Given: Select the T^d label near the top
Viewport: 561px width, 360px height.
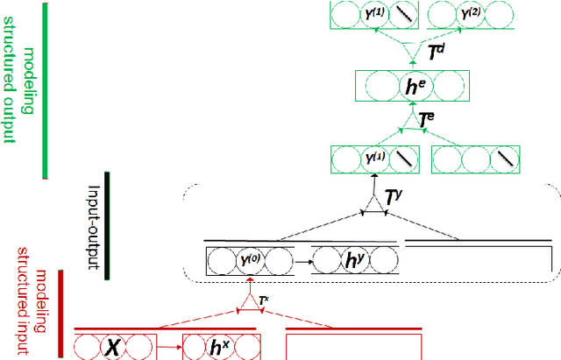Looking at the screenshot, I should [x=436, y=53].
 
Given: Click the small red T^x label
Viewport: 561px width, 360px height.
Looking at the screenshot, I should [x=263, y=301].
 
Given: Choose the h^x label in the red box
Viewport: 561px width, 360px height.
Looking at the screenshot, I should [x=219, y=347].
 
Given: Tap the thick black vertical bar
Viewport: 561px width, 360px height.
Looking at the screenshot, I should [x=106, y=226].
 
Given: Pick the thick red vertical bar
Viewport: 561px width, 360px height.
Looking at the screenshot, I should [x=60, y=314].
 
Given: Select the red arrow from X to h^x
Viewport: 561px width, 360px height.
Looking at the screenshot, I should [x=170, y=348].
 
